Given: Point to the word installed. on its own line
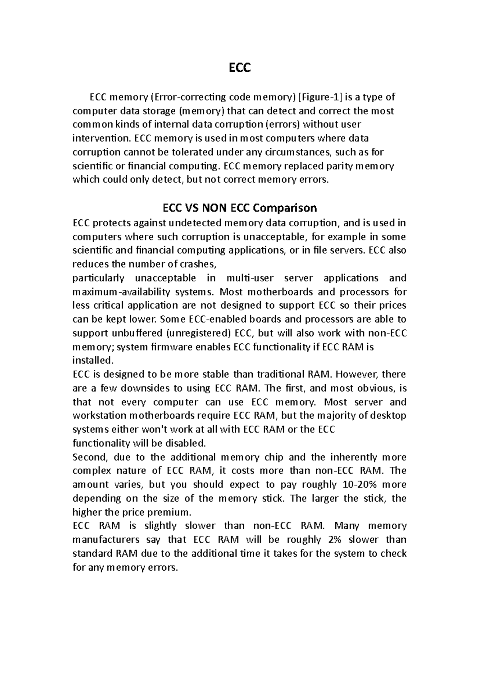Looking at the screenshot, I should pyautogui.click(x=93, y=361).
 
